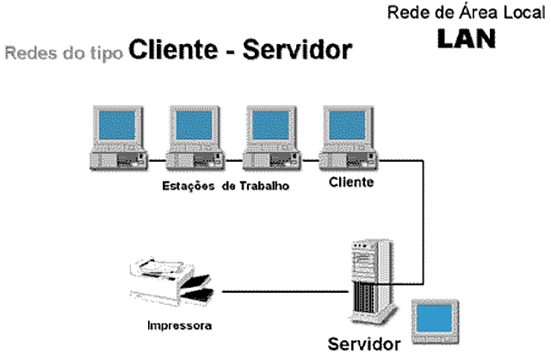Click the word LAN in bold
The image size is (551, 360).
(x=466, y=40)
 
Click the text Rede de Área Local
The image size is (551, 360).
(x=466, y=14)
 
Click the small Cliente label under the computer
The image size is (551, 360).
(x=351, y=183)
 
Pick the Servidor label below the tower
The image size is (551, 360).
(x=364, y=344)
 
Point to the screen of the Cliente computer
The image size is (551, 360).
(x=345, y=128)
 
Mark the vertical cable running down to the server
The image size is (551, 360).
(x=422, y=224)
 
